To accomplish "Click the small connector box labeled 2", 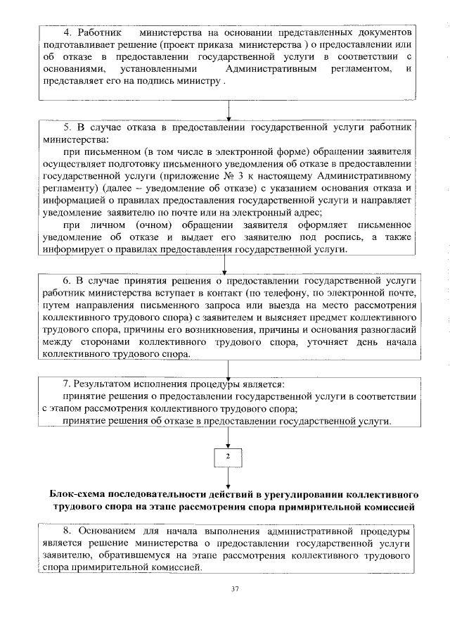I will [227, 457].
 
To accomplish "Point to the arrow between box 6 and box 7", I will [228, 369].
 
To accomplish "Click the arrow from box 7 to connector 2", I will [228, 436].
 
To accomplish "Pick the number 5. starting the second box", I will [68, 128].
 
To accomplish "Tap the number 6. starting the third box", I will [68, 279].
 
